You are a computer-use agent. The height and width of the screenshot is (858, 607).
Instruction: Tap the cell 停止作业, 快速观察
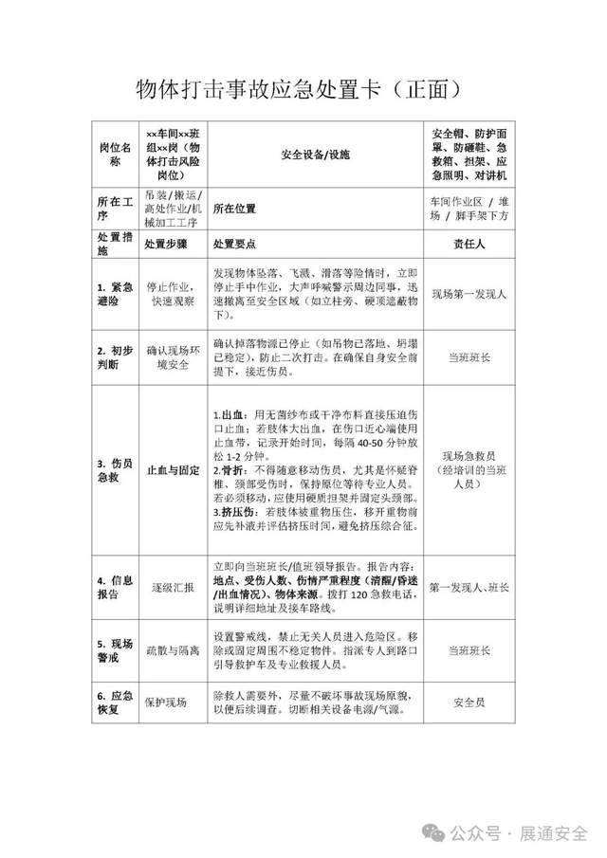pyautogui.click(x=172, y=294)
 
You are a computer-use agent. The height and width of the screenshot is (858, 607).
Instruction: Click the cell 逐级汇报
pyautogui.click(x=172, y=588)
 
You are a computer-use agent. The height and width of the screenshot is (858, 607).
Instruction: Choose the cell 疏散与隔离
pyautogui.click(x=172, y=651)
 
